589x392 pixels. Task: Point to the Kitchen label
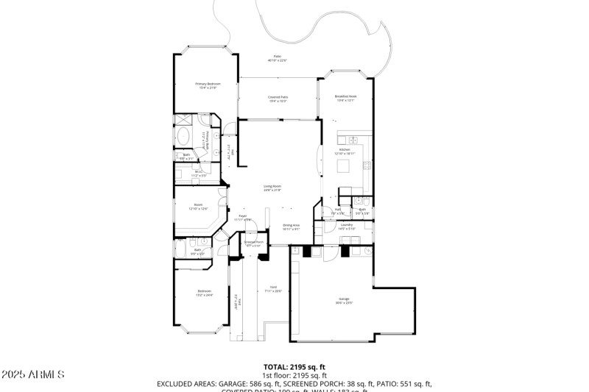coord(346,152)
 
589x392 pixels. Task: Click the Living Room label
coord(272,188)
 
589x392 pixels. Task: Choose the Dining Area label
coord(291,227)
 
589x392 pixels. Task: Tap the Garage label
coord(344,301)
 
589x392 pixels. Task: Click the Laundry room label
coord(346,226)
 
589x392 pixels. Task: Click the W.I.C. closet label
coord(199,174)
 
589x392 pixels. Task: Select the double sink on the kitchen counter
coord(352,139)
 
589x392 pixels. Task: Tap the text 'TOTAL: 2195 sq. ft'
coord(294,366)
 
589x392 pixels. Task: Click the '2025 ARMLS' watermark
coord(32,375)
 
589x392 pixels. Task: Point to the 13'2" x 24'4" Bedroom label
coord(204,293)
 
